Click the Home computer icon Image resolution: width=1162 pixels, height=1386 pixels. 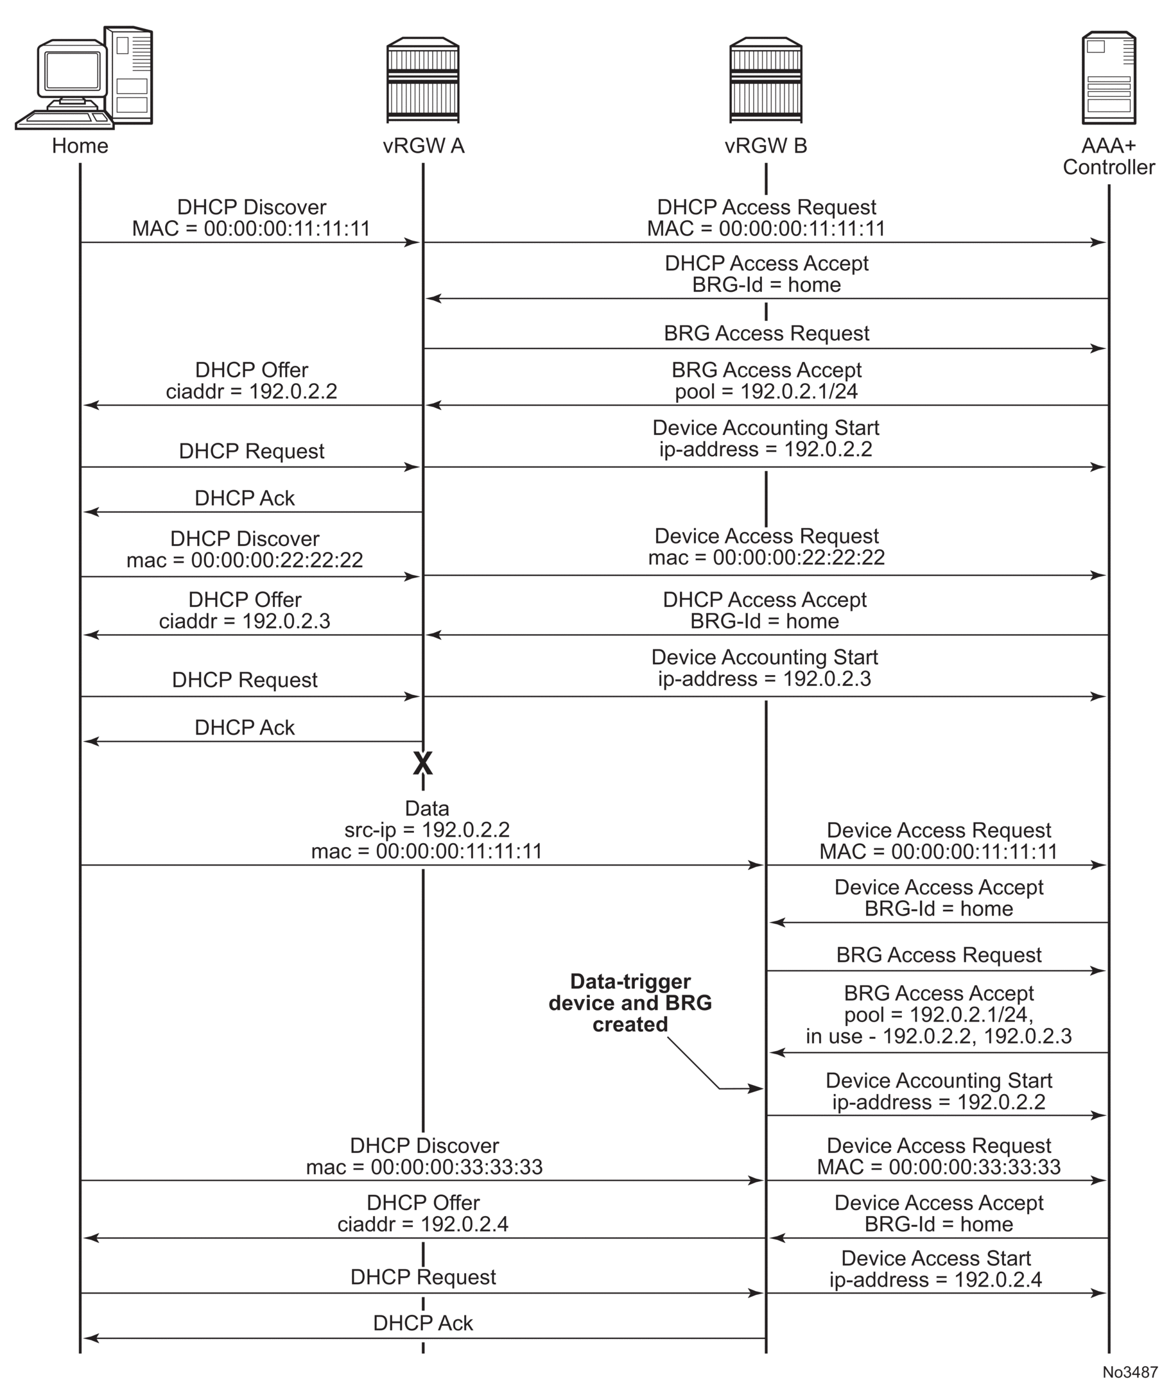(85, 78)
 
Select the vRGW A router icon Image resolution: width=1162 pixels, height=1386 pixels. (422, 80)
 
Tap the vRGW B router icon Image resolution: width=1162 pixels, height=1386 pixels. (766, 80)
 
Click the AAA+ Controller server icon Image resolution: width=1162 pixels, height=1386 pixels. (1109, 78)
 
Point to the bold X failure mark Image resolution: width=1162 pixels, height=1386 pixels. (422, 764)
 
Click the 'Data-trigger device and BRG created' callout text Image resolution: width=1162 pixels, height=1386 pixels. (630, 1002)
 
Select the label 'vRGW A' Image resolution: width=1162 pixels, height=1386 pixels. (423, 146)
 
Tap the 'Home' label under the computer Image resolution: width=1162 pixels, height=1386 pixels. (80, 146)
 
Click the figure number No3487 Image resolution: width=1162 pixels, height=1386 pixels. (1130, 1372)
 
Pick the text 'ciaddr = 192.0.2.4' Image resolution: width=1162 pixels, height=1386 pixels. (422, 1224)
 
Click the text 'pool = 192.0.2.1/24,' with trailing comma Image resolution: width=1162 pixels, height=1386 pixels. (938, 1014)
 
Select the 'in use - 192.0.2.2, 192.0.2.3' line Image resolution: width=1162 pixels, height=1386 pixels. (938, 1036)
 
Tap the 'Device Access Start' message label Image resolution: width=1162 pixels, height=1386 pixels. (935, 1258)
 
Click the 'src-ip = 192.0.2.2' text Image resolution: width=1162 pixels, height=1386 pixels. (426, 830)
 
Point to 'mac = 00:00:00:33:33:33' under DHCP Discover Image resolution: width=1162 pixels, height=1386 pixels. (424, 1167)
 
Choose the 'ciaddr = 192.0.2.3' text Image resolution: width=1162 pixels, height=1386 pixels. (245, 621)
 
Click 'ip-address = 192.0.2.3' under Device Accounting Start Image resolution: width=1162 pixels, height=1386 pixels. (764, 678)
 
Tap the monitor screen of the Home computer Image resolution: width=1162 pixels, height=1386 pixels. (73, 70)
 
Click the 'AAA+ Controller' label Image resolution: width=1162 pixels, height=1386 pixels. (1109, 157)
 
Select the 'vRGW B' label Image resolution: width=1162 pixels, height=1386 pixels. (766, 146)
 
